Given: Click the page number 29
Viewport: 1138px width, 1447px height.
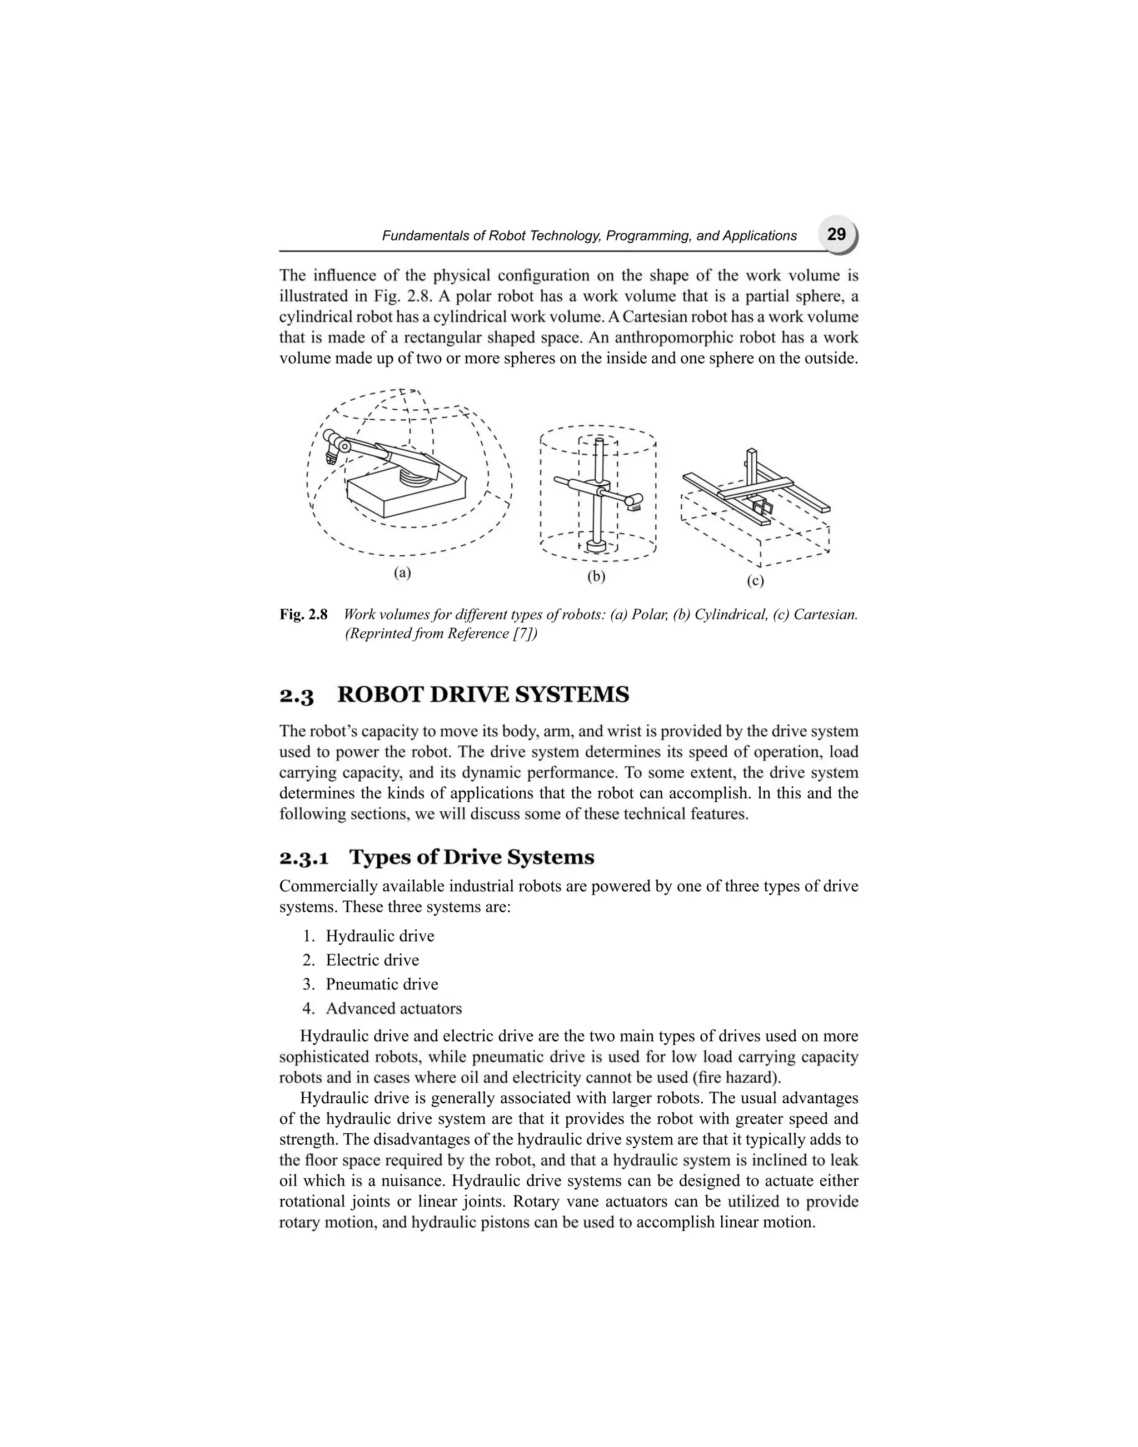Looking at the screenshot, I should (836, 234).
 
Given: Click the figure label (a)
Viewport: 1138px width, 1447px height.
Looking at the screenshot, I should (402, 572).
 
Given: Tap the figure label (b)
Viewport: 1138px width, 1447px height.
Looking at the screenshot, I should (596, 577).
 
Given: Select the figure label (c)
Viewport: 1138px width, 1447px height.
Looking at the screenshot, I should (755, 581).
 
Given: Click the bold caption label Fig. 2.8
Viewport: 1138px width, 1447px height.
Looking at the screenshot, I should (303, 614).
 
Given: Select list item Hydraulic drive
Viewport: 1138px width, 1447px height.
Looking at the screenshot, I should (380, 936).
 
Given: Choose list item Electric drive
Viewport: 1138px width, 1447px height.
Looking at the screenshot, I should (372, 960).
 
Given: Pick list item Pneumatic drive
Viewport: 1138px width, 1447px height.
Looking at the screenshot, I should (382, 984).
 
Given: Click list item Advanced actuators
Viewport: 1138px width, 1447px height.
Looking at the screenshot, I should (394, 1008).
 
